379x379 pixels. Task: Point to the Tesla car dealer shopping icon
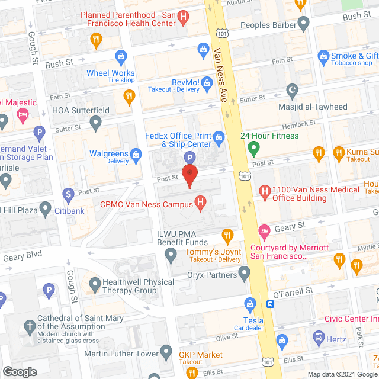(250, 306)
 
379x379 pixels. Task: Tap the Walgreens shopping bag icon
(136, 156)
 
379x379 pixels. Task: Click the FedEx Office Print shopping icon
(219, 140)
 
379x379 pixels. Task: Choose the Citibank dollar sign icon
(68, 194)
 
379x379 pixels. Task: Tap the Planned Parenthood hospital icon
(184, 18)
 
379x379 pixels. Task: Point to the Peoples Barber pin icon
(304, 25)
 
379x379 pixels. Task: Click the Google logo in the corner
(19, 371)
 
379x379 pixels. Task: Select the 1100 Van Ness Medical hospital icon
(265, 190)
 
